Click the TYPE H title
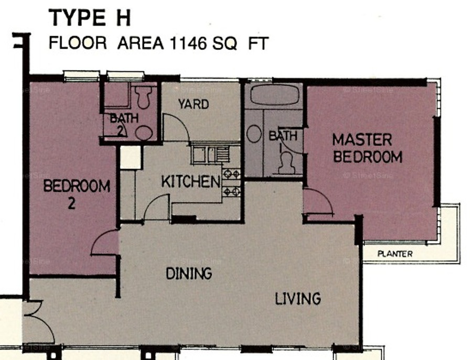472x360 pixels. (89, 18)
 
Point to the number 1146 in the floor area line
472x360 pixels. (188, 43)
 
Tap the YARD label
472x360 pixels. (194, 104)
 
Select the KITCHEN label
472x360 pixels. (191, 181)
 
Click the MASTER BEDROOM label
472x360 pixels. (367, 148)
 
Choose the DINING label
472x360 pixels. (189, 274)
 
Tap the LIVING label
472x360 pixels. (298, 299)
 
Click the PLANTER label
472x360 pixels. (395, 254)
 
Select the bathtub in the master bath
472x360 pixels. (274, 95)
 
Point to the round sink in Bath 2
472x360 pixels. (144, 133)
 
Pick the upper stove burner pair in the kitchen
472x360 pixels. (231, 174)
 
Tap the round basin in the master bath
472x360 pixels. (254, 134)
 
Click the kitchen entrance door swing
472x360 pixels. (156, 207)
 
